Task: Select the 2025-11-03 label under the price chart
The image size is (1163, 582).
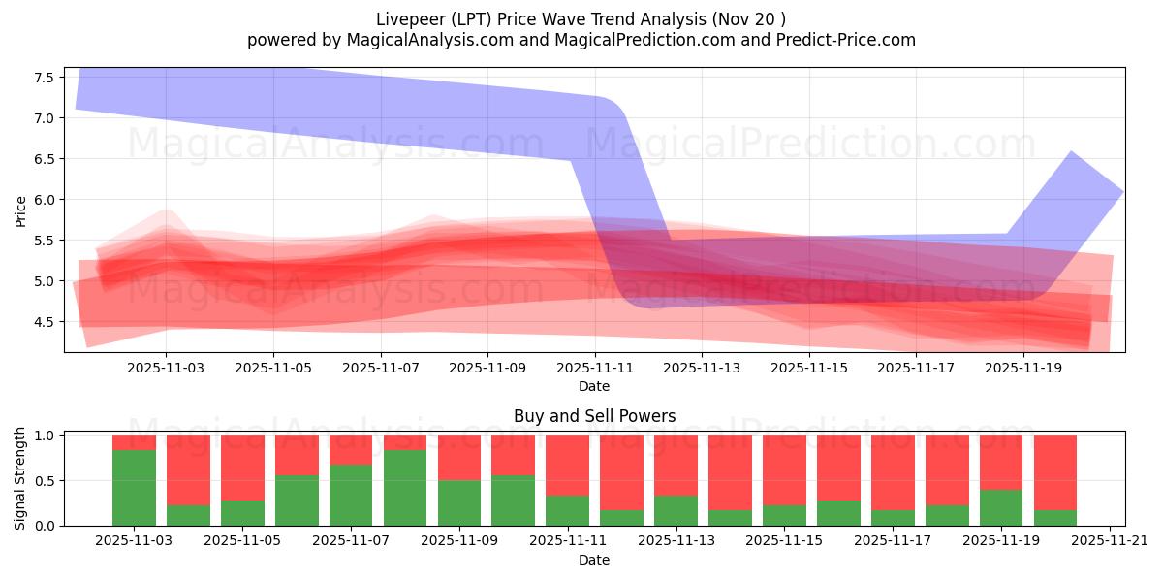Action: coord(166,369)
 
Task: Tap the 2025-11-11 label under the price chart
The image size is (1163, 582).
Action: coord(594,369)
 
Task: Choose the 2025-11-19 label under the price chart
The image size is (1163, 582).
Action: coord(1023,369)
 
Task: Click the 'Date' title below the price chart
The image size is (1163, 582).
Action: coord(594,386)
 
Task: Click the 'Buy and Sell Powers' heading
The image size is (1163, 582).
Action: coord(594,416)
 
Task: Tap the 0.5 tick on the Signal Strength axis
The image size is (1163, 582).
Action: coord(46,481)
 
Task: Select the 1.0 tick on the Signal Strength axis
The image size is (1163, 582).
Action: coord(46,436)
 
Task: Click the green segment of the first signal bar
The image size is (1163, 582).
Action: coord(134,488)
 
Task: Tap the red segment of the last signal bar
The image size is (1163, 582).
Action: coord(1055,471)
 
